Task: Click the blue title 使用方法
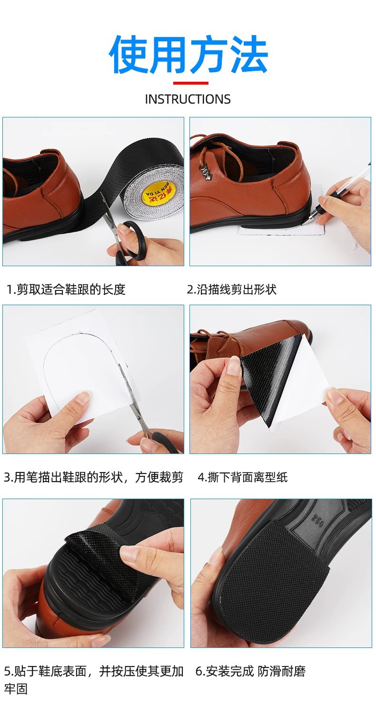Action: point(188,55)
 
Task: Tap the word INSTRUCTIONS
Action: point(188,99)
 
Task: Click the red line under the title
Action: point(190,83)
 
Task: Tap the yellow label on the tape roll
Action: point(157,193)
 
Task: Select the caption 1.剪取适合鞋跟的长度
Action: point(66,289)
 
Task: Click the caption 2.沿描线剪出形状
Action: point(232,289)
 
